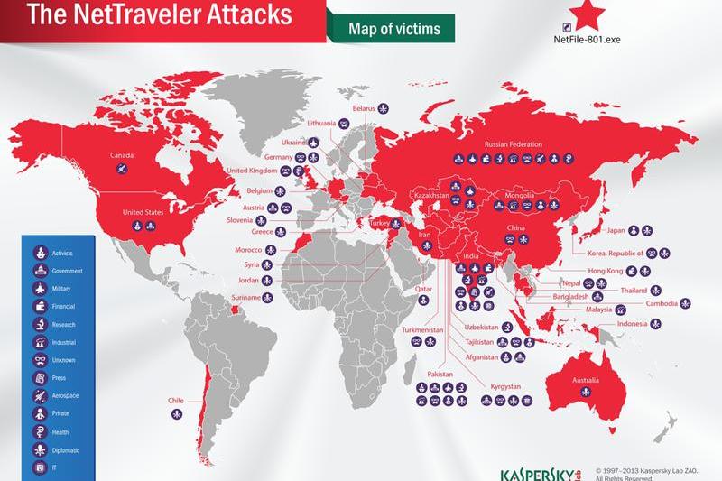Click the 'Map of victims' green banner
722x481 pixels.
tap(394, 29)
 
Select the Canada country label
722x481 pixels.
tap(123, 154)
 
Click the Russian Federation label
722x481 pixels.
tap(514, 143)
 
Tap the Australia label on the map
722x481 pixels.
tap(580, 379)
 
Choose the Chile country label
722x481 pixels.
tap(176, 400)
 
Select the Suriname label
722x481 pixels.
tap(245, 297)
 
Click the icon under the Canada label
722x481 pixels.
tap(123, 168)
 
